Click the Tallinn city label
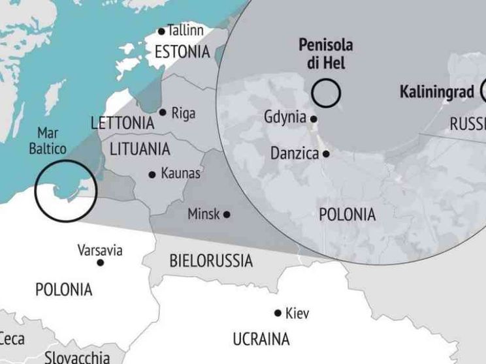[x=186, y=30]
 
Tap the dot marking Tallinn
[x=162, y=31]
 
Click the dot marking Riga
[x=162, y=112]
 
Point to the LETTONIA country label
[x=123, y=123]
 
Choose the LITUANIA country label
[x=139, y=149]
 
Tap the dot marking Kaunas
[x=152, y=174]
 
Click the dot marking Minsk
[x=227, y=214]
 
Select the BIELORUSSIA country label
[x=210, y=262]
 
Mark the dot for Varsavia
[x=100, y=262]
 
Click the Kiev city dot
[x=278, y=313]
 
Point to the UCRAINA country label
[x=261, y=339]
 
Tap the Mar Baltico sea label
[x=52, y=140]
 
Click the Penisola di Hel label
[x=325, y=54]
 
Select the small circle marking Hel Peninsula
[x=326, y=93]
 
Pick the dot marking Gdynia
[x=314, y=119]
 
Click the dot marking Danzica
[x=325, y=154]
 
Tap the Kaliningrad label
[x=436, y=91]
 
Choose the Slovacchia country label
[x=77, y=357]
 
